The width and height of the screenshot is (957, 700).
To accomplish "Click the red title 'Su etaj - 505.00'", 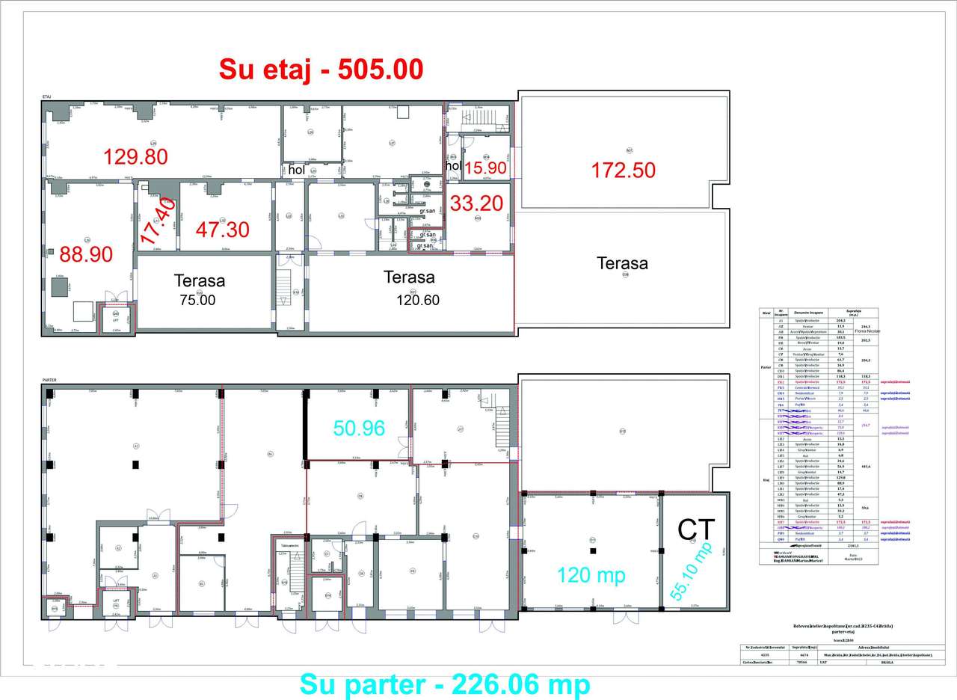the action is coord(321,69).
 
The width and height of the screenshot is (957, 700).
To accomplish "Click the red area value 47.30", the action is coord(223,229).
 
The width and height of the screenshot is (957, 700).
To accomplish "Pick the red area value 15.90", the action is coord(485,168).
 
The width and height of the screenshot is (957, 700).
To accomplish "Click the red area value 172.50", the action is coord(624,170).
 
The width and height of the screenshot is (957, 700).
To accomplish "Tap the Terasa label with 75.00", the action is coord(199,281).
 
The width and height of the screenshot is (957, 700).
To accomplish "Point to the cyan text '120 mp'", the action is coord(591,574).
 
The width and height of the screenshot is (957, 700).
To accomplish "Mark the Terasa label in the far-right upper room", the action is coord(622,263).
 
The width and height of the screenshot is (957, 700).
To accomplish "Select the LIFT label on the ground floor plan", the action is coord(116,600).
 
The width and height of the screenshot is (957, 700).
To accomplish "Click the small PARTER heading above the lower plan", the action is coord(49,380).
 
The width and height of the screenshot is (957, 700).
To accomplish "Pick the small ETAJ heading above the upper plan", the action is coord(46,96).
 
